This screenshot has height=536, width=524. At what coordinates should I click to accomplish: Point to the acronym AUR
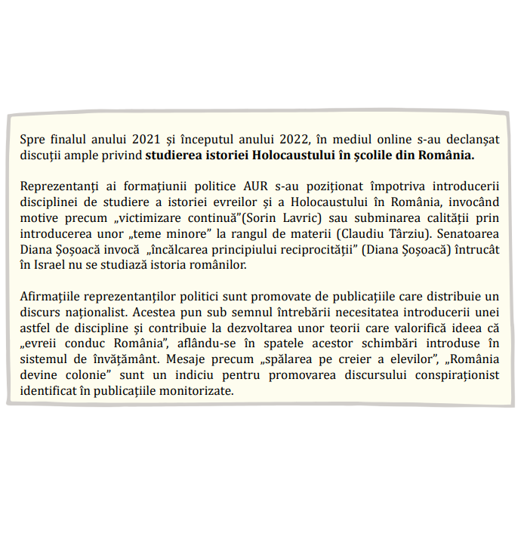235,186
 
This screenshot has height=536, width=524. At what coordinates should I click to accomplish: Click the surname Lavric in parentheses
301,217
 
